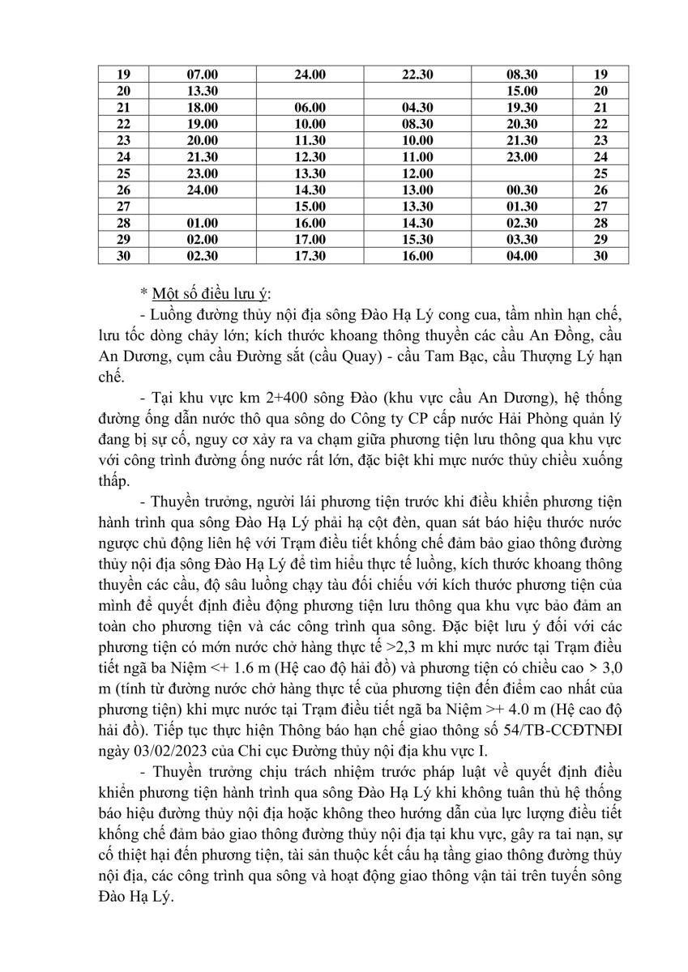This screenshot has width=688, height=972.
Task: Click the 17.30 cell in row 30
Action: pos(310,256)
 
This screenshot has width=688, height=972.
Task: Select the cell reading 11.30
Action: pos(310,140)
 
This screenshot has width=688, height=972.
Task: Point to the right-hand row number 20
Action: pos(600,91)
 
